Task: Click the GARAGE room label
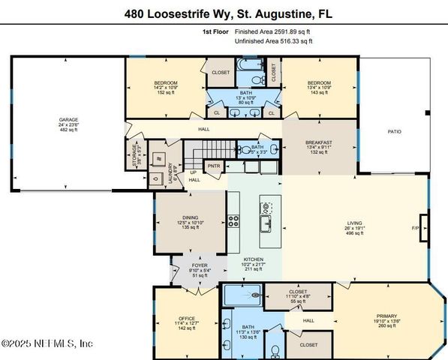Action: click(x=69, y=119)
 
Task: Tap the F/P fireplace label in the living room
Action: click(x=415, y=227)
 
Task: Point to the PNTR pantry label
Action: click(x=213, y=166)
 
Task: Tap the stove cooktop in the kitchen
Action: click(x=233, y=221)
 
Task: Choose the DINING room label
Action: click(x=189, y=217)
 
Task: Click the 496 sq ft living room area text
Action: click(x=354, y=233)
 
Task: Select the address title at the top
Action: click(x=224, y=13)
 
